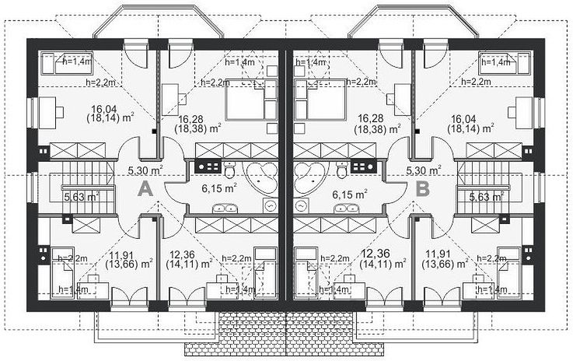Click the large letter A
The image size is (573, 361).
[145, 190]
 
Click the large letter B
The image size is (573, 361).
[423, 190]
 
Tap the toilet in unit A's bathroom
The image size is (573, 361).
[229, 170]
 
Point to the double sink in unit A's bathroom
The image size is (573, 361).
[225, 209]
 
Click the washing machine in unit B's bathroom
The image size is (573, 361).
[300, 207]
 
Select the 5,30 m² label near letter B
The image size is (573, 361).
[424, 170]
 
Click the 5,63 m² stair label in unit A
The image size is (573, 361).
[82, 197]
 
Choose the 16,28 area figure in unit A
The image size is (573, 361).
[190, 120]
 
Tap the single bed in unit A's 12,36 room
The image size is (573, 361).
[266, 273]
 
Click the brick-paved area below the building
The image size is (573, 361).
[286, 333]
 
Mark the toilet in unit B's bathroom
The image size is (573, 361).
[342, 170]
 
